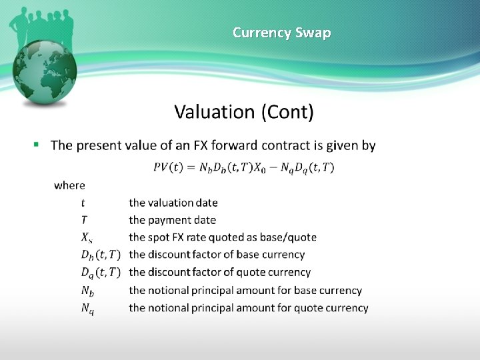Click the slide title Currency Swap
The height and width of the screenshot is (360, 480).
281,32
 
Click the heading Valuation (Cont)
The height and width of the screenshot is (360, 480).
244,111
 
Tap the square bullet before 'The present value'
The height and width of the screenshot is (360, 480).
37,144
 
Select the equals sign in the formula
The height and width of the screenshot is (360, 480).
191,167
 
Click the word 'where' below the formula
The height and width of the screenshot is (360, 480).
69,185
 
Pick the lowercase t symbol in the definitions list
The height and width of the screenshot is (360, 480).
83,202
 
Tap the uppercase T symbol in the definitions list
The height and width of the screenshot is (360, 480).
84,219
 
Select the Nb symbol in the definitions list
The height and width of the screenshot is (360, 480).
87,291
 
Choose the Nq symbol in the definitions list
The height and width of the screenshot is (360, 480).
87,308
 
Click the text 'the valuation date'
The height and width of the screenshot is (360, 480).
173,202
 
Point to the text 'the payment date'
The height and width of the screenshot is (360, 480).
173,219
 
